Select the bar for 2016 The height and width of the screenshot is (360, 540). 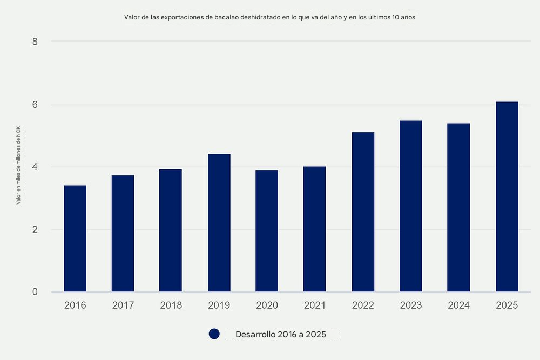pos(75,239)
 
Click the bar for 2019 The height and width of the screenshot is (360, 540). pos(219,223)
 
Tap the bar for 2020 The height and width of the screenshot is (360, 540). pos(267,231)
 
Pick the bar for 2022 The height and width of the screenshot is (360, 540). pos(363,212)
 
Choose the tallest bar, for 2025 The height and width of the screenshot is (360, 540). pos(507,197)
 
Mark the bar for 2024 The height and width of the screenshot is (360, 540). pos(458,208)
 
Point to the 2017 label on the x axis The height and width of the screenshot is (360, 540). pos(123,305)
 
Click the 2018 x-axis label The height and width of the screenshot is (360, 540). pos(171,305)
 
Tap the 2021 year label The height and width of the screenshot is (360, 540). pos(315,305)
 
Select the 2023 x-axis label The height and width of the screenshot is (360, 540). pos(411,305)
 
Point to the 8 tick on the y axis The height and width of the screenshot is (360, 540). pos(35,41)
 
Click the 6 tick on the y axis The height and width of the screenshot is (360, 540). pos(35,105)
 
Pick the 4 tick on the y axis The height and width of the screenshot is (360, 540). pos(35,167)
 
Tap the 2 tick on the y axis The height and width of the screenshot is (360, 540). pos(35,230)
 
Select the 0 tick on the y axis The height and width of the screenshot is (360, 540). pos(35,292)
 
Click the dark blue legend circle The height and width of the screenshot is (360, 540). pos(214,334)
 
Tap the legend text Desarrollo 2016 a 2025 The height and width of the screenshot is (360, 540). pos(281,334)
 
